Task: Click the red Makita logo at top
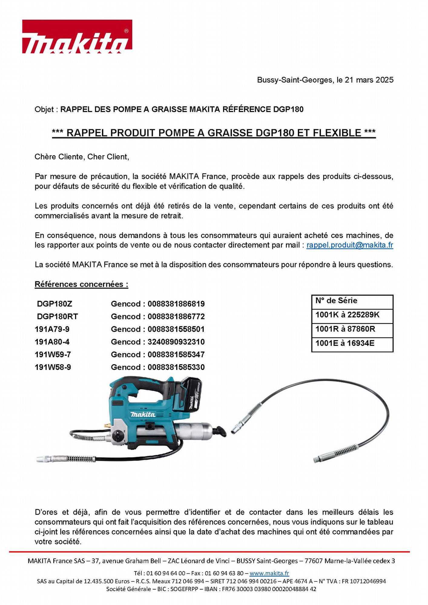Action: pos(77,37)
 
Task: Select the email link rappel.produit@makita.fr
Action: pos(350,245)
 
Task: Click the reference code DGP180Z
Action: pos(54,304)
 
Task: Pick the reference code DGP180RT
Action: pos(57,316)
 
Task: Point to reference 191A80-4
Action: pos(52,342)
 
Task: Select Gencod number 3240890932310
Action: pos(176,342)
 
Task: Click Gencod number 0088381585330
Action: pos(176,367)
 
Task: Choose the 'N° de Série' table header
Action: pos(336,301)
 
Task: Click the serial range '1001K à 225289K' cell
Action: pos(347,315)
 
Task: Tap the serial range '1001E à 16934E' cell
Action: pos(345,343)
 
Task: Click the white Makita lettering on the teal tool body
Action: pos(143,414)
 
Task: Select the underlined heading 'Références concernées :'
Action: pos(81,284)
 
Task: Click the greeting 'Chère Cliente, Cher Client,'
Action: pos(82,157)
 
